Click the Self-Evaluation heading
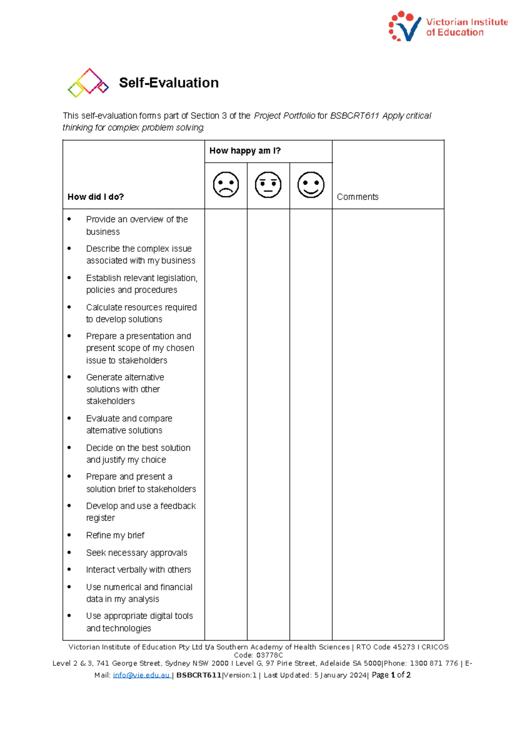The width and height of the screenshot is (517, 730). coord(168,83)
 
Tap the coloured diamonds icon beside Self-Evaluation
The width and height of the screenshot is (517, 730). coord(88,83)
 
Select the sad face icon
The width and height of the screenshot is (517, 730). coord(226,185)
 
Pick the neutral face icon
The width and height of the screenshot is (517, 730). coord(268,185)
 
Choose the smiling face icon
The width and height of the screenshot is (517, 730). coord(311,185)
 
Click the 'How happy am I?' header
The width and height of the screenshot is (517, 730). coord(245,151)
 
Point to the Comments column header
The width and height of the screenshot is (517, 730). coord(358,197)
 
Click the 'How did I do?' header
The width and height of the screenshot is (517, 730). coord(96,197)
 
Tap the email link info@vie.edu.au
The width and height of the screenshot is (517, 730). coord(141,675)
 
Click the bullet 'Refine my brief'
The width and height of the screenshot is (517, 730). coord(115,535)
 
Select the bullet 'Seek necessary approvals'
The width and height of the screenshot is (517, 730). coord(137,553)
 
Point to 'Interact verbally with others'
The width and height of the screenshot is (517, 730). coord(138,569)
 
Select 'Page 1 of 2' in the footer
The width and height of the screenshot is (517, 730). coord(391,675)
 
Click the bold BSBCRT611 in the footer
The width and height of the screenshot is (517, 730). coord(199,675)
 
